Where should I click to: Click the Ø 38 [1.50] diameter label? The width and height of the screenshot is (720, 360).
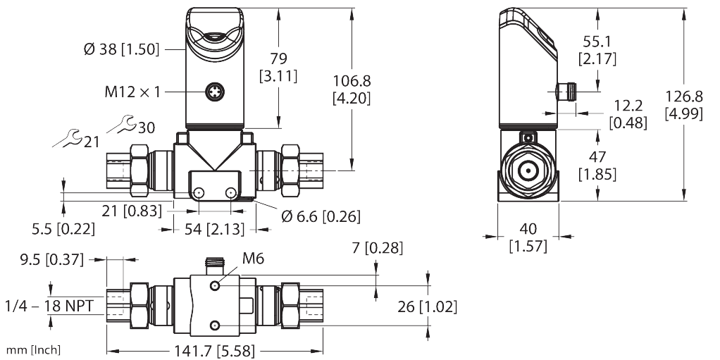(122, 49)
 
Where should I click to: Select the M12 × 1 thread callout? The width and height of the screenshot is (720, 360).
(132, 91)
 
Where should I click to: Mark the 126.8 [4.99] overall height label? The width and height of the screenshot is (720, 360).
(683, 104)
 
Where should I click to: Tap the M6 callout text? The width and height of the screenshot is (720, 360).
(253, 260)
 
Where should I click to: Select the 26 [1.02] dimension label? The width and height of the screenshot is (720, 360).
(427, 306)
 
